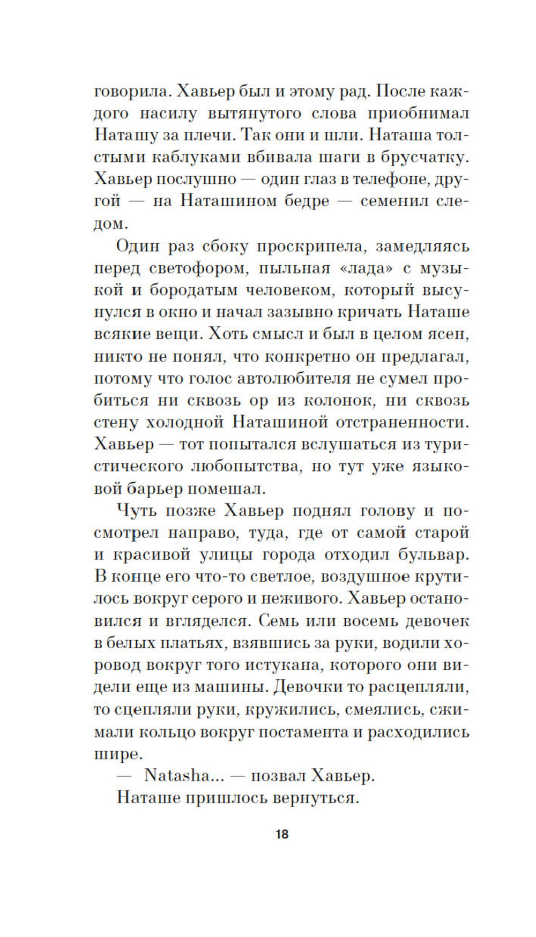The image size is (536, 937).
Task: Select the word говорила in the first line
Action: click(130, 92)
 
